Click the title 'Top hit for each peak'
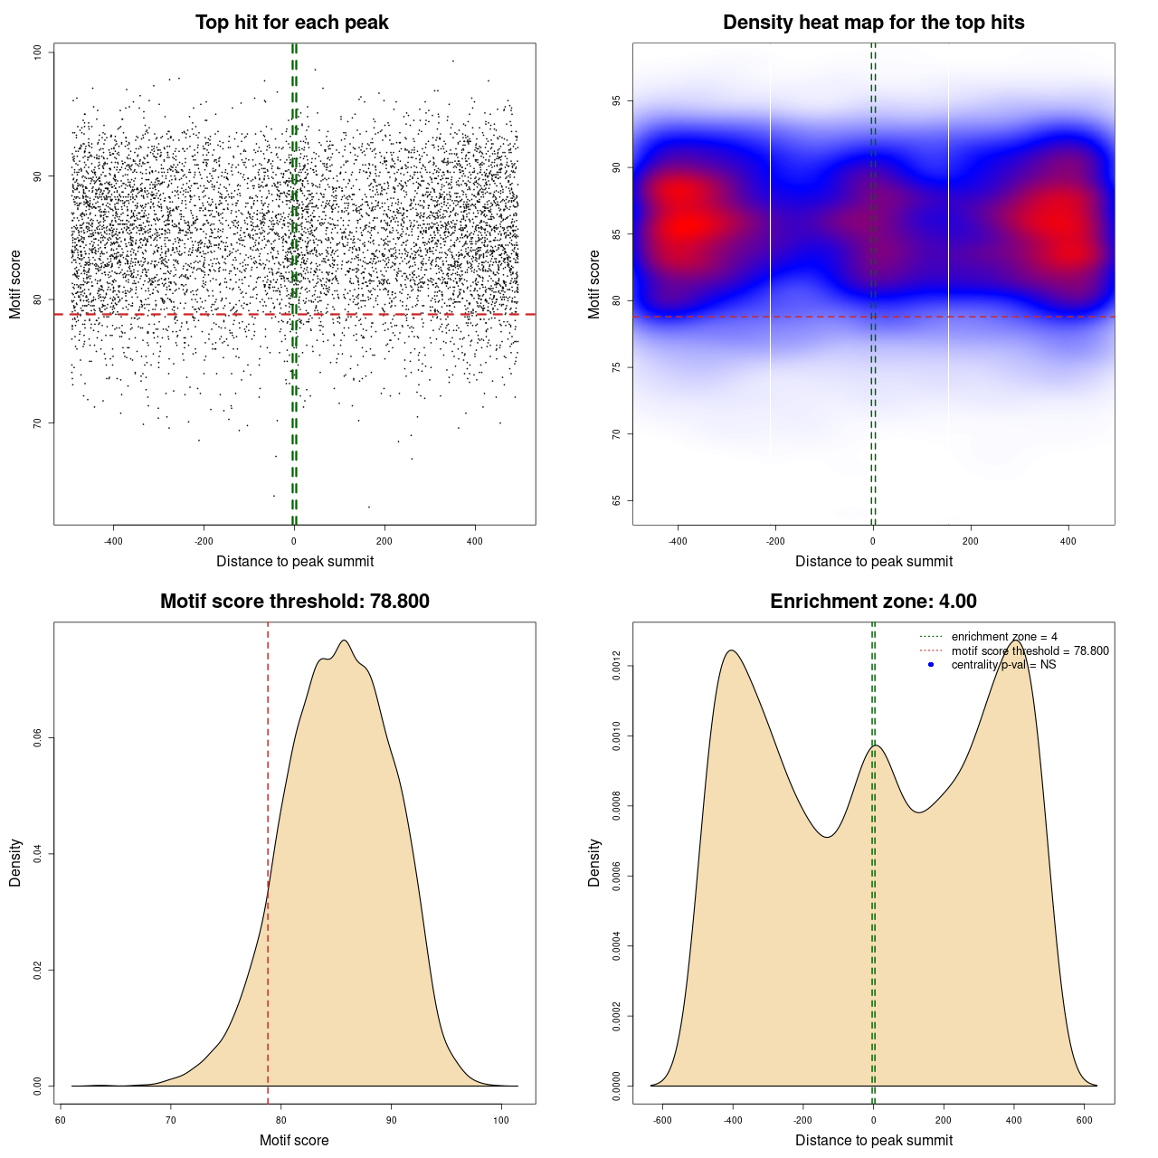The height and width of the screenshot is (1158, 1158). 291,23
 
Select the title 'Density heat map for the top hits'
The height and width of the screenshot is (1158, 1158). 873,23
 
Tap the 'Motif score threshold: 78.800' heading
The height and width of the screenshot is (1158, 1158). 294,602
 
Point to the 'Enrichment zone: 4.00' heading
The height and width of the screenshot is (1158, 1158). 873,602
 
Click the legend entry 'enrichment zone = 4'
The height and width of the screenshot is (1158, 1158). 1004,637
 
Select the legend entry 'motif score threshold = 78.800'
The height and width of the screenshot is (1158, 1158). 1030,650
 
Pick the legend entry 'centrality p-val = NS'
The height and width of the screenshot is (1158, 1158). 1003,665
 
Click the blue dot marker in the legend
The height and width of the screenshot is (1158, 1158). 931,665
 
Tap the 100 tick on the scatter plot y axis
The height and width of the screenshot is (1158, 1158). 38,52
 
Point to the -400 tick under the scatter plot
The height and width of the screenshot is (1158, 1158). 113,542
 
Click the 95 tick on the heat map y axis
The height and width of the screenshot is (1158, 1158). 617,100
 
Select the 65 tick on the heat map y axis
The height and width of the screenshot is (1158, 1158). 617,500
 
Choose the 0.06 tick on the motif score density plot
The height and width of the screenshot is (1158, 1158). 38,738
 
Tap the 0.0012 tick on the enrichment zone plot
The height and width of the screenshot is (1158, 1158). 617,667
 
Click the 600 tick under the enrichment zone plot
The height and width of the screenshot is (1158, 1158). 1084,1120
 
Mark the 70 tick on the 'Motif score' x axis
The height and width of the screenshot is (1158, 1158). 171,1120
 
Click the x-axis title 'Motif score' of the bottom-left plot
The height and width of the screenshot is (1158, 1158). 294,1140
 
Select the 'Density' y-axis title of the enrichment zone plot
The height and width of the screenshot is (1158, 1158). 594,862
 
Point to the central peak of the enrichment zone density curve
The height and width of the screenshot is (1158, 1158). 875,745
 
